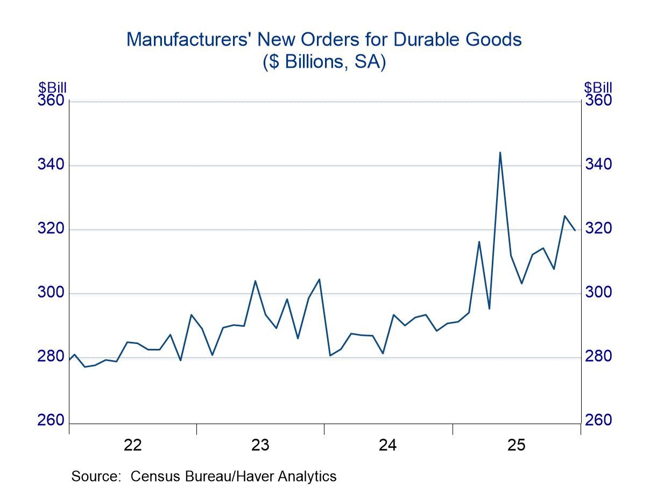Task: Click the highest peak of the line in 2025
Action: click(500, 152)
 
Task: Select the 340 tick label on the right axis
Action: click(598, 164)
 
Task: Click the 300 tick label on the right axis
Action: click(598, 292)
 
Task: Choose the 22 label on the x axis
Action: click(132, 445)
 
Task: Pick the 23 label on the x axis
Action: click(260, 445)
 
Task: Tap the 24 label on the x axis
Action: click(388, 445)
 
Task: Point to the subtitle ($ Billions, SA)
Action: click(324, 62)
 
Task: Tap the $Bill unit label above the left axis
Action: click(52, 88)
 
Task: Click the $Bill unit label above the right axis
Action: click(598, 88)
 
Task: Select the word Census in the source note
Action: click(156, 476)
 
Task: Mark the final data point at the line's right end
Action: click(575, 230)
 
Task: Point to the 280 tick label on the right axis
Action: click(598, 356)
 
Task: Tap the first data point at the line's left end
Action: click(69, 360)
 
